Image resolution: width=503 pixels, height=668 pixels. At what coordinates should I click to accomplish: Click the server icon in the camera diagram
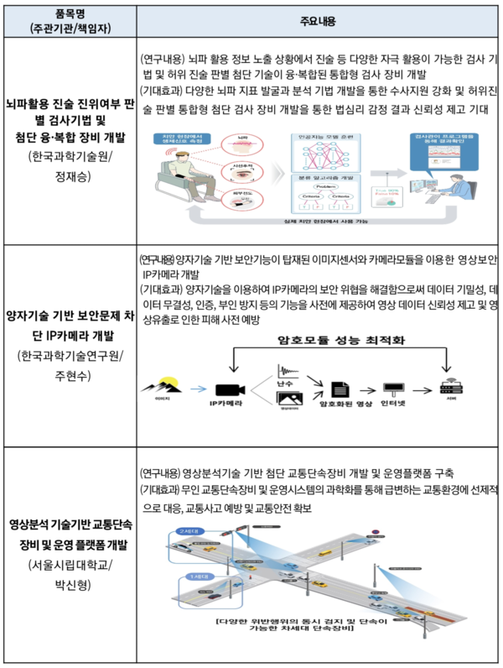click(x=449, y=388)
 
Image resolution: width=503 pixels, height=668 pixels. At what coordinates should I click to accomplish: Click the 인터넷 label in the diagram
click(x=392, y=404)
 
